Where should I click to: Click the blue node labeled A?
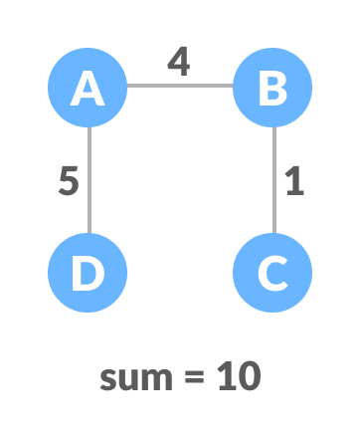(88, 88)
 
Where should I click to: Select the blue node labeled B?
(272, 88)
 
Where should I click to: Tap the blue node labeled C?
(272, 272)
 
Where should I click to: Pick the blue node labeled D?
(88, 272)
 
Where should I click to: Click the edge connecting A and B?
(180, 86)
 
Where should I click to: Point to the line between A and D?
(90, 179)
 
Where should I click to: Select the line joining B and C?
(273, 179)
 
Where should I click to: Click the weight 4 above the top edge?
(178, 62)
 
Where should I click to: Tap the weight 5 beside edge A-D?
(68, 182)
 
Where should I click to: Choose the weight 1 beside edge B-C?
(293, 182)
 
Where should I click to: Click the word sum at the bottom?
(139, 377)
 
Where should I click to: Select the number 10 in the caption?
(239, 376)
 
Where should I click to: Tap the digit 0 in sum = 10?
(248, 376)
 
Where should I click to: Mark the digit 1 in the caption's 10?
(227, 376)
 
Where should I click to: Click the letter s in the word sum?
(108, 379)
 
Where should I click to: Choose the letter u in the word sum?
(131, 379)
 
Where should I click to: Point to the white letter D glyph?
(88, 272)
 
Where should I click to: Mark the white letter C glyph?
(272, 272)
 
